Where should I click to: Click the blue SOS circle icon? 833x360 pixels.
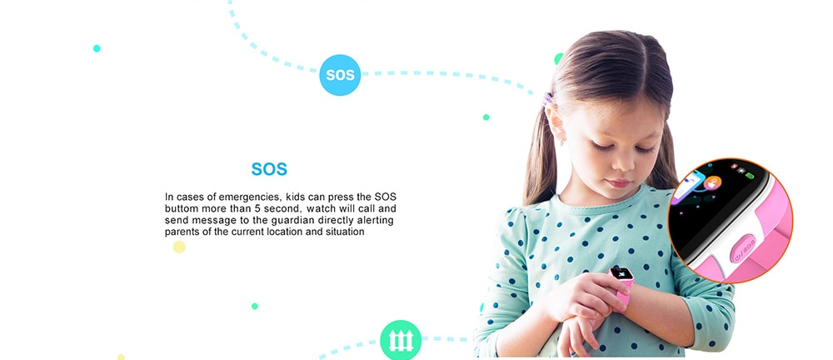pyautogui.click(x=340, y=75)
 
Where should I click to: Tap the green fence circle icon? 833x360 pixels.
pyautogui.click(x=401, y=340)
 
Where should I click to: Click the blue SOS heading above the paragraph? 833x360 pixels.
pyautogui.click(x=269, y=169)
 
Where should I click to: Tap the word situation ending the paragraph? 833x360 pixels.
pyautogui.click(x=345, y=232)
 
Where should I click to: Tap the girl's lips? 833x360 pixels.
pyautogui.click(x=620, y=183)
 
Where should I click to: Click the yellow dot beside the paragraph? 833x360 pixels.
pyautogui.click(x=179, y=247)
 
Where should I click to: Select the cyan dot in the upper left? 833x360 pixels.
pyautogui.click(x=97, y=48)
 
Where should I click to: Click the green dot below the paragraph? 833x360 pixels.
pyautogui.click(x=254, y=307)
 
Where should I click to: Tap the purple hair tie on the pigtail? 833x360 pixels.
pyautogui.click(x=547, y=99)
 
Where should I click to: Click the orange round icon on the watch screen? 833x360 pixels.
pyautogui.click(x=712, y=182)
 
